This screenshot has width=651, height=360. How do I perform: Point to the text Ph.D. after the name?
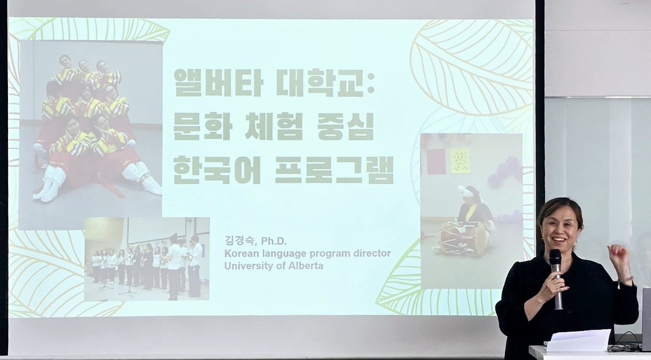274,241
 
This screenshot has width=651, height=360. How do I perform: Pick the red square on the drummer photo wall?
437,162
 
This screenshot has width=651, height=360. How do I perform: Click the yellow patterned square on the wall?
460,161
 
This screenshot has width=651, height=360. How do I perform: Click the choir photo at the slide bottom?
147,259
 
